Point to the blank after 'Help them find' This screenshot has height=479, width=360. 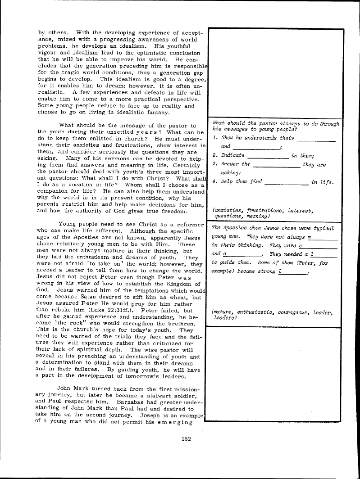click(x=287, y=183)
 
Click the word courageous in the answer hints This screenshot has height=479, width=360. click(x=291, y=312)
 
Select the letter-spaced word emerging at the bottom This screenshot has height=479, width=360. click(x=174, y=422)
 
